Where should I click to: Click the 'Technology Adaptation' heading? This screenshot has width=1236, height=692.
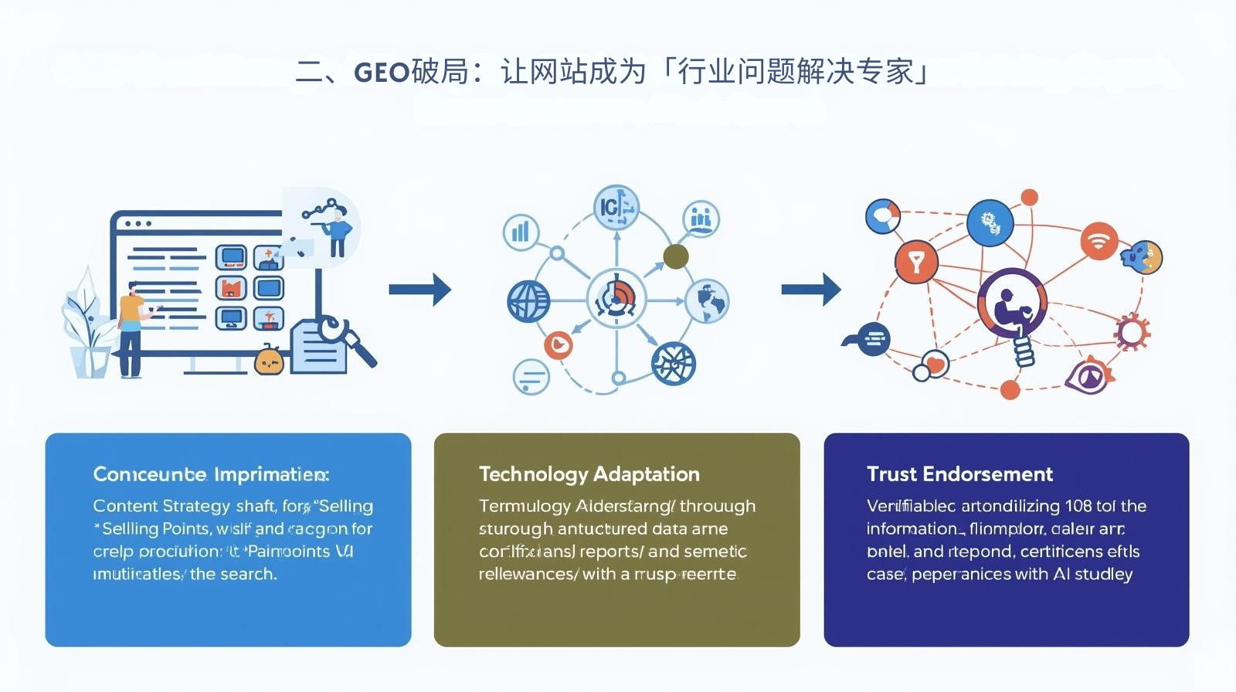pyautogui.click(x=589, y=474)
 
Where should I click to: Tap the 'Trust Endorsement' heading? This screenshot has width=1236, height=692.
pyautogui.click(x=959, y=474)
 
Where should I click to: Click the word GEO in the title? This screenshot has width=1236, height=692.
pyautogui.click(x=381, y=73)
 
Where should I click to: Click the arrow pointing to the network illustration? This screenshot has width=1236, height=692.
pyautogui.click(x=810, y=290)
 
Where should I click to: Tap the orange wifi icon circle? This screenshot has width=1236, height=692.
pyautogui.click(x=1098, y=240)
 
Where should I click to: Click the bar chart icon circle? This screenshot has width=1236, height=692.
pyautogui.click(x=521, y=231)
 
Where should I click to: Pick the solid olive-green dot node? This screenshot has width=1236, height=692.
pyautogui.click(x=676, y=256)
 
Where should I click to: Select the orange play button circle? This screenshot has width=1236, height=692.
pyautogui.click(x=558, y=344)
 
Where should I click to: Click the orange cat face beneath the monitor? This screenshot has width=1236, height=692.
pyautogui.click(x=269, y=361)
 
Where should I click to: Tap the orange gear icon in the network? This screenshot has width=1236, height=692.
pyautogui.click(x=1132, y=332)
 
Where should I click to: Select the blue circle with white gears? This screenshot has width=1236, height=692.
pyautogui.click(x=990, y=222)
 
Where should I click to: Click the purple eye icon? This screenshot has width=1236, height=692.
pyautogui.click(x=1089, y=376)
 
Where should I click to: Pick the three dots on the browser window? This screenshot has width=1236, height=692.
pyautogui.click(x=138, y=224)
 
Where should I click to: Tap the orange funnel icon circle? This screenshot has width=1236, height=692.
pyautogui.click(x=916, y=263)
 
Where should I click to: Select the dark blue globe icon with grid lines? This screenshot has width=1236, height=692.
pyautogui.click(x=528, y=301)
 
